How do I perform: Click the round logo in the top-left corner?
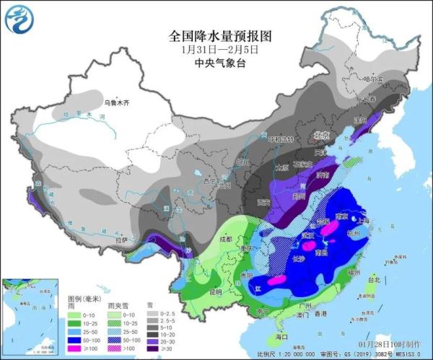pos(19,19)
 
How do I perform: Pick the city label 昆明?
pos(216,292)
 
